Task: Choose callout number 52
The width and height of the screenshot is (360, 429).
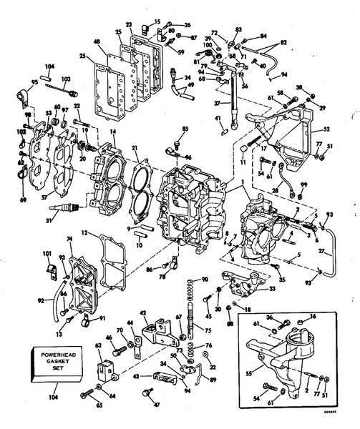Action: pos(327,129)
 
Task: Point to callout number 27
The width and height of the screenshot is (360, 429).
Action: pos(326,251)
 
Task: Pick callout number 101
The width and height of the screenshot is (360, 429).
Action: pos(47,252)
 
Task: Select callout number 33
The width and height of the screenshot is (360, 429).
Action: pos(272,289)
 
